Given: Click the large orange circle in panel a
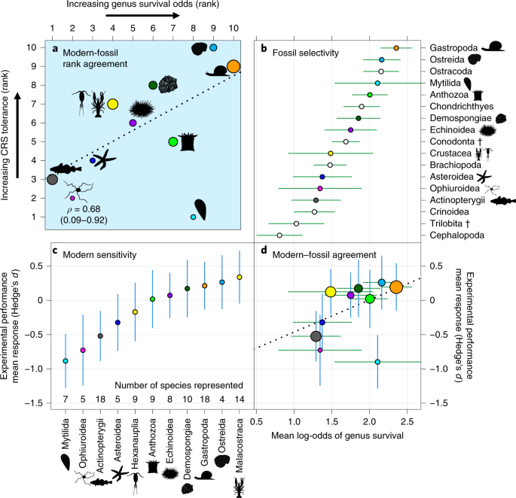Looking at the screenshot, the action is click(234, 66).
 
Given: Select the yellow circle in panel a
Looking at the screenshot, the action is click(112, 105).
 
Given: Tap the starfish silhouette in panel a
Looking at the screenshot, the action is click(104, 159).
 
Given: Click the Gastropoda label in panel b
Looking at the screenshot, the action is click(453, 48).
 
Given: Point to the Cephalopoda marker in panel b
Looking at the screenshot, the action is click(279, 235).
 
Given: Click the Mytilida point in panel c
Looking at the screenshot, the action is click(66, 361).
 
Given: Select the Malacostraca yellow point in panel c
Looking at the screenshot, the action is click(240, 277).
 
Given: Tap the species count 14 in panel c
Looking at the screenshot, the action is click(240, 399).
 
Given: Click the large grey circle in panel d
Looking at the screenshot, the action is click(316, 336).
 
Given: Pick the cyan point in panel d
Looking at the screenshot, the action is click(377, 362).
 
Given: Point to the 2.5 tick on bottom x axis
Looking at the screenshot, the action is click(407, 421).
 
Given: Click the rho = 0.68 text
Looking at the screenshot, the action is click(84, 209).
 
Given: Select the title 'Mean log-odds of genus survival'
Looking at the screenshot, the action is click(337, 436).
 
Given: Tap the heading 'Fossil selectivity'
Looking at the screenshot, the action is click(305, 53).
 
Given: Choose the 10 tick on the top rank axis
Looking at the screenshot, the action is click(234, 29).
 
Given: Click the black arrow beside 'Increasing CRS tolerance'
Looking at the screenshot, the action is click(18, 135).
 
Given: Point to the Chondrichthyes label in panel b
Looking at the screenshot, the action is click(462, 107).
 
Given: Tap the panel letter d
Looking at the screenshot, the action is click(264, 251).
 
